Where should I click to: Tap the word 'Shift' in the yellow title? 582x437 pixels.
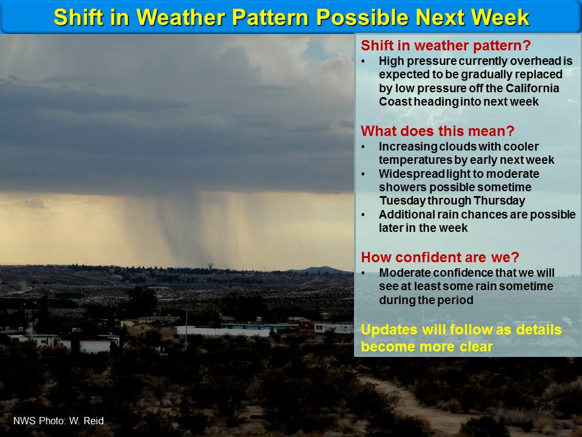coord(78,17)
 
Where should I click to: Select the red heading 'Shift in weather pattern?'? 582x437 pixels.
coord(446,46)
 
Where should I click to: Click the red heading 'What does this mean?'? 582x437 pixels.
coord(438,131)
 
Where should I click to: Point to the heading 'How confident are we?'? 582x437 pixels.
coord(440,257)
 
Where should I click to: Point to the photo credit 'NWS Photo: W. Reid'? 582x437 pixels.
coord(58,421)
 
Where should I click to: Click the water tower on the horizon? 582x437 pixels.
coord(210,266)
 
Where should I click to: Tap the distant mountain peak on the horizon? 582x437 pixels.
coord(320,269)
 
